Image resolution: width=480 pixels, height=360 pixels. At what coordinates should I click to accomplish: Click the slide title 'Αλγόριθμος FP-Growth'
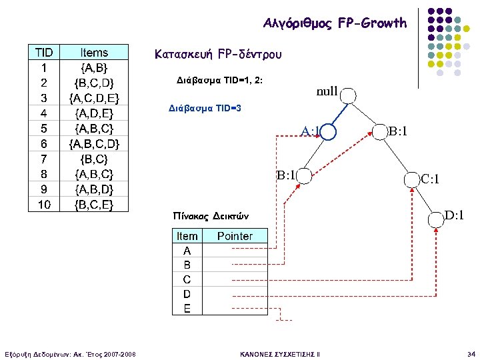click(x=335, y=23)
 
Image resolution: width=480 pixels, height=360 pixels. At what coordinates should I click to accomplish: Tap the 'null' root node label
click(x=327, y=91)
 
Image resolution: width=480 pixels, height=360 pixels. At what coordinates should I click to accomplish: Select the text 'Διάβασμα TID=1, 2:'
click(x=219, y=80)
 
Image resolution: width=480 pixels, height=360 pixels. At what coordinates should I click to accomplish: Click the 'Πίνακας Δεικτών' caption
click(x=210, y=216)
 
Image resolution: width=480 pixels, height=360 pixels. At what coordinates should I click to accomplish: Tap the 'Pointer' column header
click(x=235, y=236)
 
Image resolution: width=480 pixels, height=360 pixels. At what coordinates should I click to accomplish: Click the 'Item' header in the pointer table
click(x=187, y=236)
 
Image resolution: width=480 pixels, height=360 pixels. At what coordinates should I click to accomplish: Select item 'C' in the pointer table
click(x=187, y=279)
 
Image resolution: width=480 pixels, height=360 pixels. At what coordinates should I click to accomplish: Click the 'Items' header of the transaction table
click(x=94, y=53)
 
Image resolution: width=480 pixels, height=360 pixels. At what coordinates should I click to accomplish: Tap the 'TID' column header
click(x=44, y=53)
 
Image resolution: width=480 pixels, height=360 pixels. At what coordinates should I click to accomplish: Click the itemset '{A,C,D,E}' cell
click(x=94, y=98)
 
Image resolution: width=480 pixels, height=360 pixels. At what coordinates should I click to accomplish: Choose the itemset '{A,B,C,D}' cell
click(x=94, y=143)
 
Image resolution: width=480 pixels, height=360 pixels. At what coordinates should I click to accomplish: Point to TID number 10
click(x=44, y=204)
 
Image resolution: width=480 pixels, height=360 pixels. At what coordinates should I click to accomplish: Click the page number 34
click(x=471, y=353)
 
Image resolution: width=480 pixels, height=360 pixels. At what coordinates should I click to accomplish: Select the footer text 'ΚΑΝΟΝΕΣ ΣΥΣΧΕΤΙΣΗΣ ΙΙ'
click(x=279, y=353)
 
